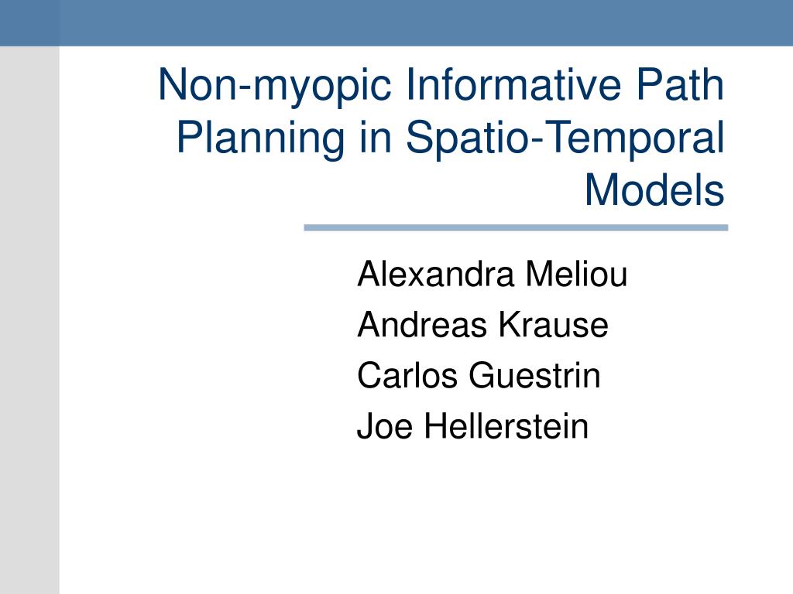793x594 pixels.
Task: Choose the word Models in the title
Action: (x=654, y=190)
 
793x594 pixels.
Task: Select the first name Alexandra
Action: (x=436, y=274)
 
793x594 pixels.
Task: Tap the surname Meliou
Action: (x=576, y=274)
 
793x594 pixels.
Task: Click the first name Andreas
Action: (x=421, y=324)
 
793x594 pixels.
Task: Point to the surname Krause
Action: (x=553, y=324)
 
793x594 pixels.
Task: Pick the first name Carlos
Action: (x=407, y=375)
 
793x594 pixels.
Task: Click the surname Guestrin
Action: (x=534, y=375)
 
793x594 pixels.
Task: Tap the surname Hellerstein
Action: (x=506, y=426)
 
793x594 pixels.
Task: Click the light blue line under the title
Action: (x=516, y=228)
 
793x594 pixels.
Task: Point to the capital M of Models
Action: (x=599, y=190)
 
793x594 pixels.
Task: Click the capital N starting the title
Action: (x=171, y=84)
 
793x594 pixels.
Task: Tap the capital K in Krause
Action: (x=509, y=324)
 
